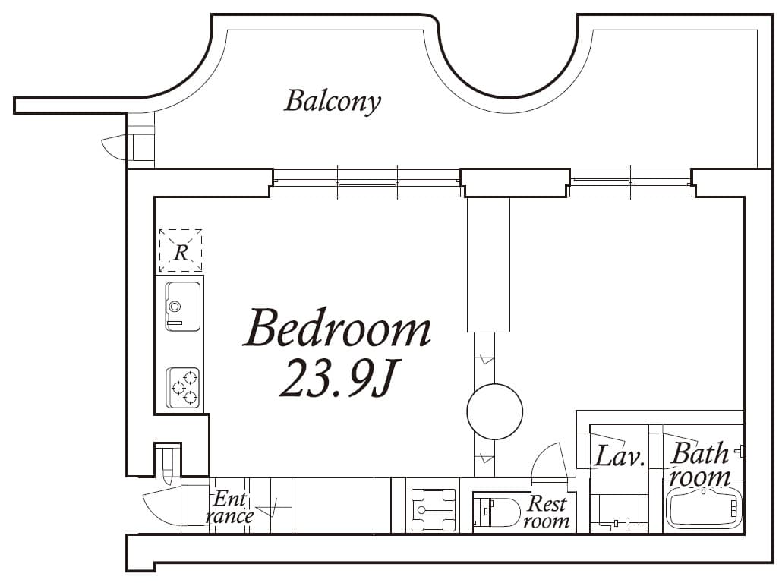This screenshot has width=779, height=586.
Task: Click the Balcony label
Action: (x=333, y=102)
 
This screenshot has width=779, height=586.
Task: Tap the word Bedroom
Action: (x=337, y=328)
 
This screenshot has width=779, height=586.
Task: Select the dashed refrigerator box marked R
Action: (x=181, y=250)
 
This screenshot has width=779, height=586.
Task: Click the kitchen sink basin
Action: (x=182, y=306)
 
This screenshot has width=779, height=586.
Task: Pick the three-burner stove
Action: (x=183, y=388)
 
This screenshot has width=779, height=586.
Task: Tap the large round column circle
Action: (x=495, y=411)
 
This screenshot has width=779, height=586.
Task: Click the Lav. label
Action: (x=619, y=456)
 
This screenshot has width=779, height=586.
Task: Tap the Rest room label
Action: (x=547, y=512)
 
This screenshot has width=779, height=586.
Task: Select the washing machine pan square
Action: (x=434, y=509)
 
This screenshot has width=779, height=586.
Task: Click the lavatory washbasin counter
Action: (x=619, y=514)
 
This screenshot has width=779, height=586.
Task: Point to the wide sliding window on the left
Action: (x=367, y=183)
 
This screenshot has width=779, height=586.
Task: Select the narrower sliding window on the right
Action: (x=630, y=183)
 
